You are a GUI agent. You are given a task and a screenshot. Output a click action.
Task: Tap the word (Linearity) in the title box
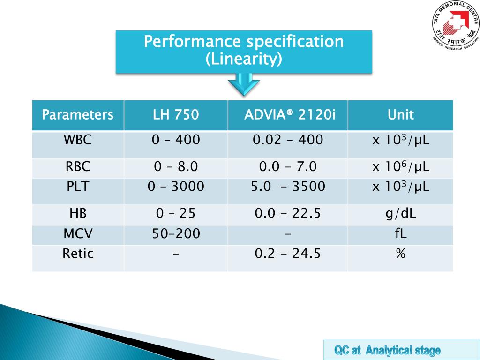[244, 60]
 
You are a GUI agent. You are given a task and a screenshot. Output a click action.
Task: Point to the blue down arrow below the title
[244, 86]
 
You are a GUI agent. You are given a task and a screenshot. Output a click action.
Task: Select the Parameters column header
[78, 115]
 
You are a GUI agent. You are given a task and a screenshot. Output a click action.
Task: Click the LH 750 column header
[176, 115]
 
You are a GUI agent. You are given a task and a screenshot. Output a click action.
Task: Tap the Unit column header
[400, 115]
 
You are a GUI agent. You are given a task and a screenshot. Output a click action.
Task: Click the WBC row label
[78, 140]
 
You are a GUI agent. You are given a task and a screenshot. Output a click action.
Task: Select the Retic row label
[78, 254]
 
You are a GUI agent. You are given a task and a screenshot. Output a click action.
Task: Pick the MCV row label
[78, 233]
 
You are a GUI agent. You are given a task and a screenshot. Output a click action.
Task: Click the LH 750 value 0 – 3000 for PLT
[176, 187]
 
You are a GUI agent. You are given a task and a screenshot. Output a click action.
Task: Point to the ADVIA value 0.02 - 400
[288, 140]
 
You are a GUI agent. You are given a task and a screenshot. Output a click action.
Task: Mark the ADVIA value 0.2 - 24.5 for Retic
[288, 254]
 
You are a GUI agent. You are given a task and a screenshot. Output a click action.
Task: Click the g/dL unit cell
[400, 214]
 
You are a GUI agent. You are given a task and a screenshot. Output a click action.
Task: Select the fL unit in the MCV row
[400, 233]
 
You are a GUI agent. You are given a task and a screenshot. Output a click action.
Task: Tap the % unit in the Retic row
[400, 254]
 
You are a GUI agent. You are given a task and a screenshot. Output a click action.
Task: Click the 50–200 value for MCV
[176, 233]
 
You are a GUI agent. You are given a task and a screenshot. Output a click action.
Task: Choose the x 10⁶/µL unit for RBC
[400, 166]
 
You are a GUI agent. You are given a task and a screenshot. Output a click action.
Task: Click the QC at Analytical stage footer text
[387, 350]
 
